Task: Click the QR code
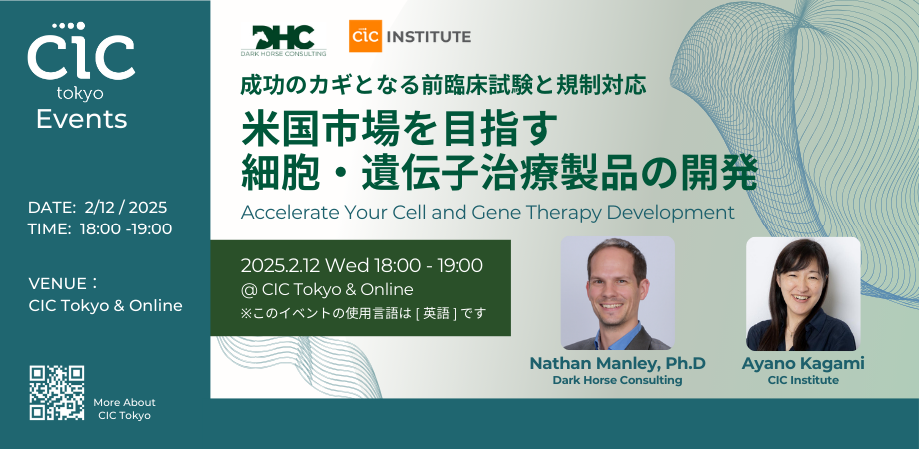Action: coord(57,393)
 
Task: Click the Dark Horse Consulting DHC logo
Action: coord(284,40)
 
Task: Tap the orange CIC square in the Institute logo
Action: coord(365,36)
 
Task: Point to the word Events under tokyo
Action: coord(82,119)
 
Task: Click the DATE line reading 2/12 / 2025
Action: coord(97,208)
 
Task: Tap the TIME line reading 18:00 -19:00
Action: coord(100,229)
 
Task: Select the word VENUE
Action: coord(58,284)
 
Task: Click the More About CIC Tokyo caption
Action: coord(124,409)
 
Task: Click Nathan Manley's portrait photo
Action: coord(617,293)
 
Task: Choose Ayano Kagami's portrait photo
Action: coord(803,294)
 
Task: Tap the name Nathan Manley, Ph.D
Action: coord(617,363)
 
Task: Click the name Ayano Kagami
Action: coord(803,363)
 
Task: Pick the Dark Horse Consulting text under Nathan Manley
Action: coord(617,380)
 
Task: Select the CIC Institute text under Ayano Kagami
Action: coord(803,380)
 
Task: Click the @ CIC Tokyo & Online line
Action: coord(327,289)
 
